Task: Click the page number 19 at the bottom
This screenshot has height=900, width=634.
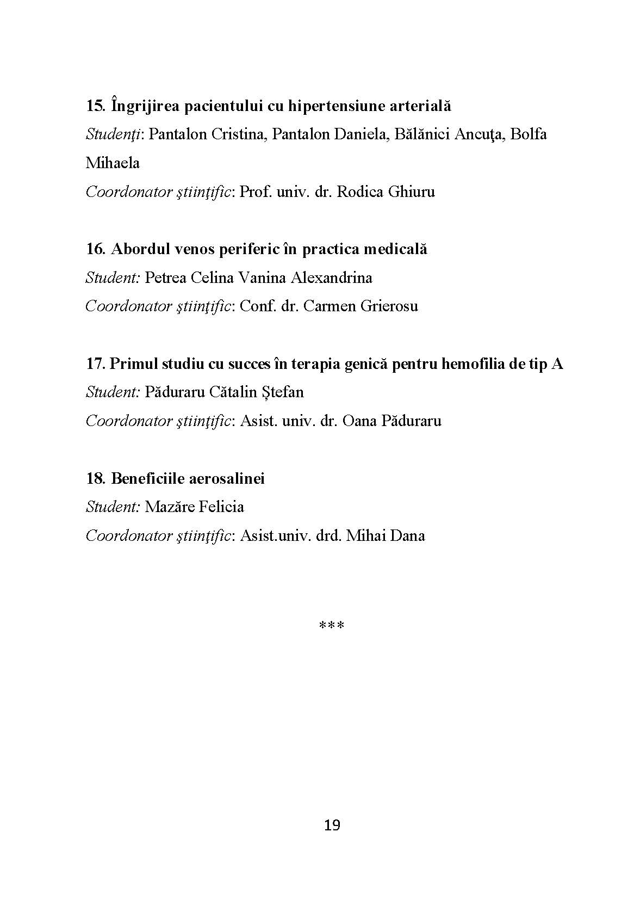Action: (332, 825)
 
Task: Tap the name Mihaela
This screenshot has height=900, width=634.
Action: (113, 163)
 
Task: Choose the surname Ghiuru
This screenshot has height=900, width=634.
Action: (411, 192)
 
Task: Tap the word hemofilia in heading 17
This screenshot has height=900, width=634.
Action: (475, 363)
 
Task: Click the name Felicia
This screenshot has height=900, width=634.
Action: (221, 507)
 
